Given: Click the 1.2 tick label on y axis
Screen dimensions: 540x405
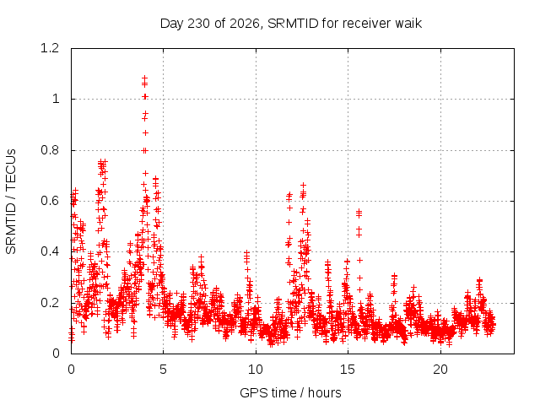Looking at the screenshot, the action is (50, 48).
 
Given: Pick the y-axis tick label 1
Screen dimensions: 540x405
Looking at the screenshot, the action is (56, 100).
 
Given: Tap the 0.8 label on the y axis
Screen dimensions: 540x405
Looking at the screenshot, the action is (50, 150).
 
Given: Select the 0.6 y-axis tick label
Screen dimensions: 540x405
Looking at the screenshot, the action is (50, 201).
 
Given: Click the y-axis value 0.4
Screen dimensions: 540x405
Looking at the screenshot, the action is (50, 251).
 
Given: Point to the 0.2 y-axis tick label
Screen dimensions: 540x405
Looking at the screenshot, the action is (50, 303).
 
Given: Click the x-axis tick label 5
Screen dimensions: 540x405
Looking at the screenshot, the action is (163, 370).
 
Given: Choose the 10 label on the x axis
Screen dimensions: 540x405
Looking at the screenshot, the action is (255, 370).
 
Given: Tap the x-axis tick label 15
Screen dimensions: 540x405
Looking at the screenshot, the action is (348, 370).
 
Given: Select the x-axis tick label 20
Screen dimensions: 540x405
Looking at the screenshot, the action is (440, 370).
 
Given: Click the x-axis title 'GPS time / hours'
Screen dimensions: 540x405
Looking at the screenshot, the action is (290, 393).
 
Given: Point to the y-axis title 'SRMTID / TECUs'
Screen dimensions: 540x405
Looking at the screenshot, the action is (11, 202).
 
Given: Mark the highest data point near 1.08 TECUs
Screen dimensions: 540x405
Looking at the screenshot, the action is (144, 78).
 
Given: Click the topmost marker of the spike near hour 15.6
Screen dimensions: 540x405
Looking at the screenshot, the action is (359, 211).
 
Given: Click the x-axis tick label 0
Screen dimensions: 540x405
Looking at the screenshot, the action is (71, 370).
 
